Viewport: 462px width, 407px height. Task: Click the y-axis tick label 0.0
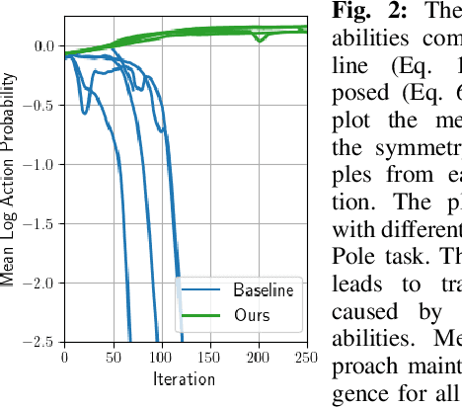42,45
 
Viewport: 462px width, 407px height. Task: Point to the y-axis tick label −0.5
38,105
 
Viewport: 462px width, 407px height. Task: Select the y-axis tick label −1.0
38,164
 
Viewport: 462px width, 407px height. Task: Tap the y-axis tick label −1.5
38,223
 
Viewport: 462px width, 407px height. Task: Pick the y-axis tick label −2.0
38,283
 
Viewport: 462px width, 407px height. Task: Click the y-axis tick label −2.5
38,342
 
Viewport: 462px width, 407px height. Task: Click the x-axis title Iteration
184,378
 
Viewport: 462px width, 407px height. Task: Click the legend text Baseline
265,290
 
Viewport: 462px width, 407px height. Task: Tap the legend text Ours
251,316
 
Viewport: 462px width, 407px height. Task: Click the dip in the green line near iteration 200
259,39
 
